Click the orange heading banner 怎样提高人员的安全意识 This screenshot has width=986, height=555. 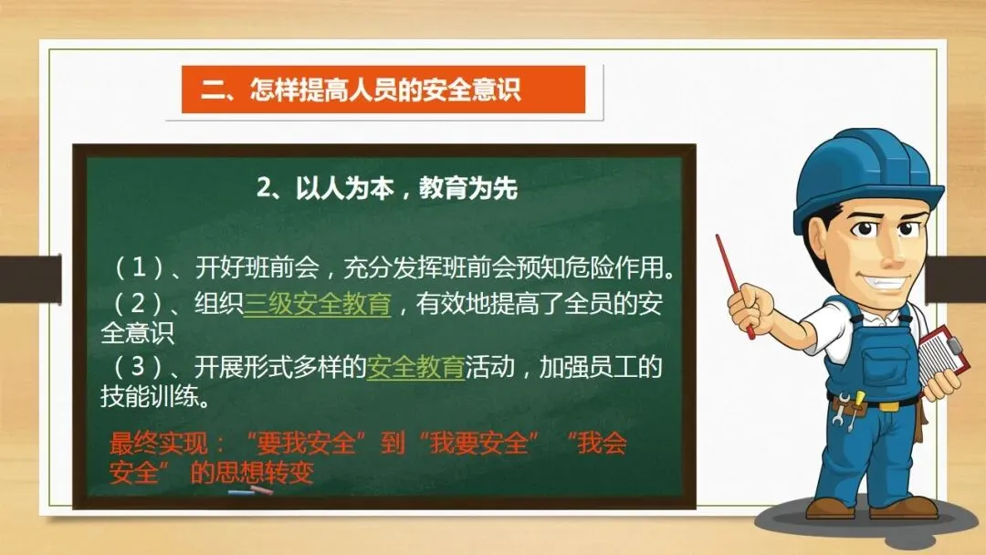point(383,89)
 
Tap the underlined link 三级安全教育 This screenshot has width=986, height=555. point(318,304)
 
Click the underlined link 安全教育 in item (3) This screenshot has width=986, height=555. point(415,367)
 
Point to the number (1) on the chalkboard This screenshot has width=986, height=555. point(138,268)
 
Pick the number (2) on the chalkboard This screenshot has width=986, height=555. point(138,304)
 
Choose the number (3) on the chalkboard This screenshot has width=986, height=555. point(138,367)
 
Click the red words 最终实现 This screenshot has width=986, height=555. point(158,443)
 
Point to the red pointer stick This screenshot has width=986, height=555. point(734,287)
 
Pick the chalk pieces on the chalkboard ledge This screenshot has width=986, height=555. point(251,490)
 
